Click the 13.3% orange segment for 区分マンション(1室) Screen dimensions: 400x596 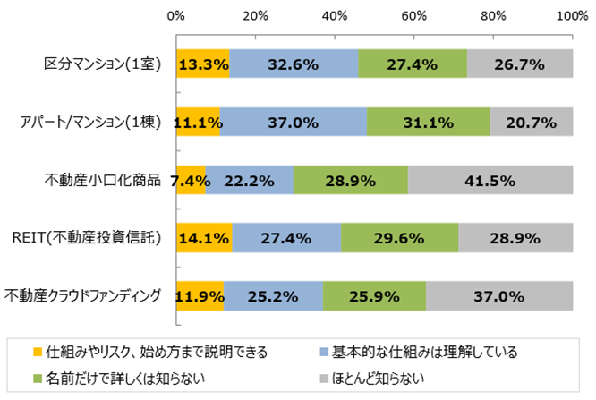coord(202,64)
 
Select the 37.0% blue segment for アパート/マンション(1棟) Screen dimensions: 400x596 coord(294,122)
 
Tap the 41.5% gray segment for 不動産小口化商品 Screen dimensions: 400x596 coord(490,180)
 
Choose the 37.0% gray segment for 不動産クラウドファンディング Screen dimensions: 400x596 coord(498,295)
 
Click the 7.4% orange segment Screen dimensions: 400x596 coord(191,180)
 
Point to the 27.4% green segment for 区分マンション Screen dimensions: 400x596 coord(413,64)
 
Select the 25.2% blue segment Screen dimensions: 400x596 coord(273,295)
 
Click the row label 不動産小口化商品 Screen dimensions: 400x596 coord(103,180)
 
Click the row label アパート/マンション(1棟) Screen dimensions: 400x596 coord(94,122)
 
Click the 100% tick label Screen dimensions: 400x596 coord(570,16)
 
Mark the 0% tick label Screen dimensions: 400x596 coord(176,16)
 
